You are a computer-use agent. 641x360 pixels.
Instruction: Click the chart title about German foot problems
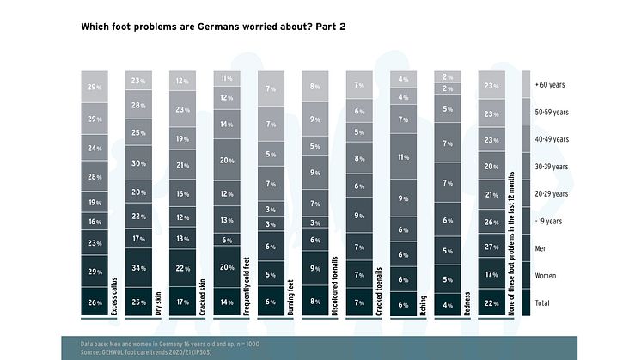click(x=213, y=27)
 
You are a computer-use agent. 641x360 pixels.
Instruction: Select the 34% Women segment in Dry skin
click(x=138, y=267)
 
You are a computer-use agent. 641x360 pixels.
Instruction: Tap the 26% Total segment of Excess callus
click(x=95, y=302)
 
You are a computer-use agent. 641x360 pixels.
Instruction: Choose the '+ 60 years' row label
click(x=549, y=85)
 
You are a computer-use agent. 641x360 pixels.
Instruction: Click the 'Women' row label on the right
click(x=545, y=275)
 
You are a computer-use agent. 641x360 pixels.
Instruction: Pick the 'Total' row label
click(x=543, y=302)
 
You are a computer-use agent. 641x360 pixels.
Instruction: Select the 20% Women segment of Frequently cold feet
click(x=226, y=267)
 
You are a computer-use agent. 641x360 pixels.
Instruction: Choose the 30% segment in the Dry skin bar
click(x=138, y=163)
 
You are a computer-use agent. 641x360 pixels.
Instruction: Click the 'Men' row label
click(x=540, y=248)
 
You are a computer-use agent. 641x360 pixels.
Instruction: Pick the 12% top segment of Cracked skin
click(x=182, y=82)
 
